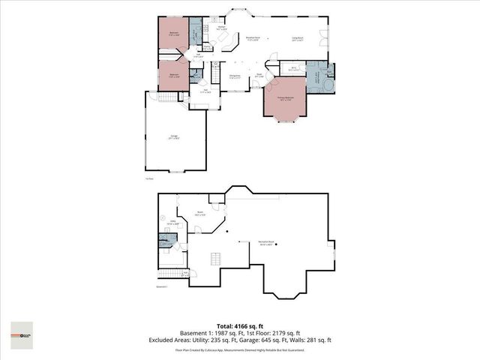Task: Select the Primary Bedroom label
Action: point(283,98)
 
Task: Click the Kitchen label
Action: point(222,28)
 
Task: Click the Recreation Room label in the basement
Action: point(265,242)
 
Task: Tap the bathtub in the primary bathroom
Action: point(328,86)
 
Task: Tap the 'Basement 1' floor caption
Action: point(161,286)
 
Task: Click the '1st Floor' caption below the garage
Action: point(149,178)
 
